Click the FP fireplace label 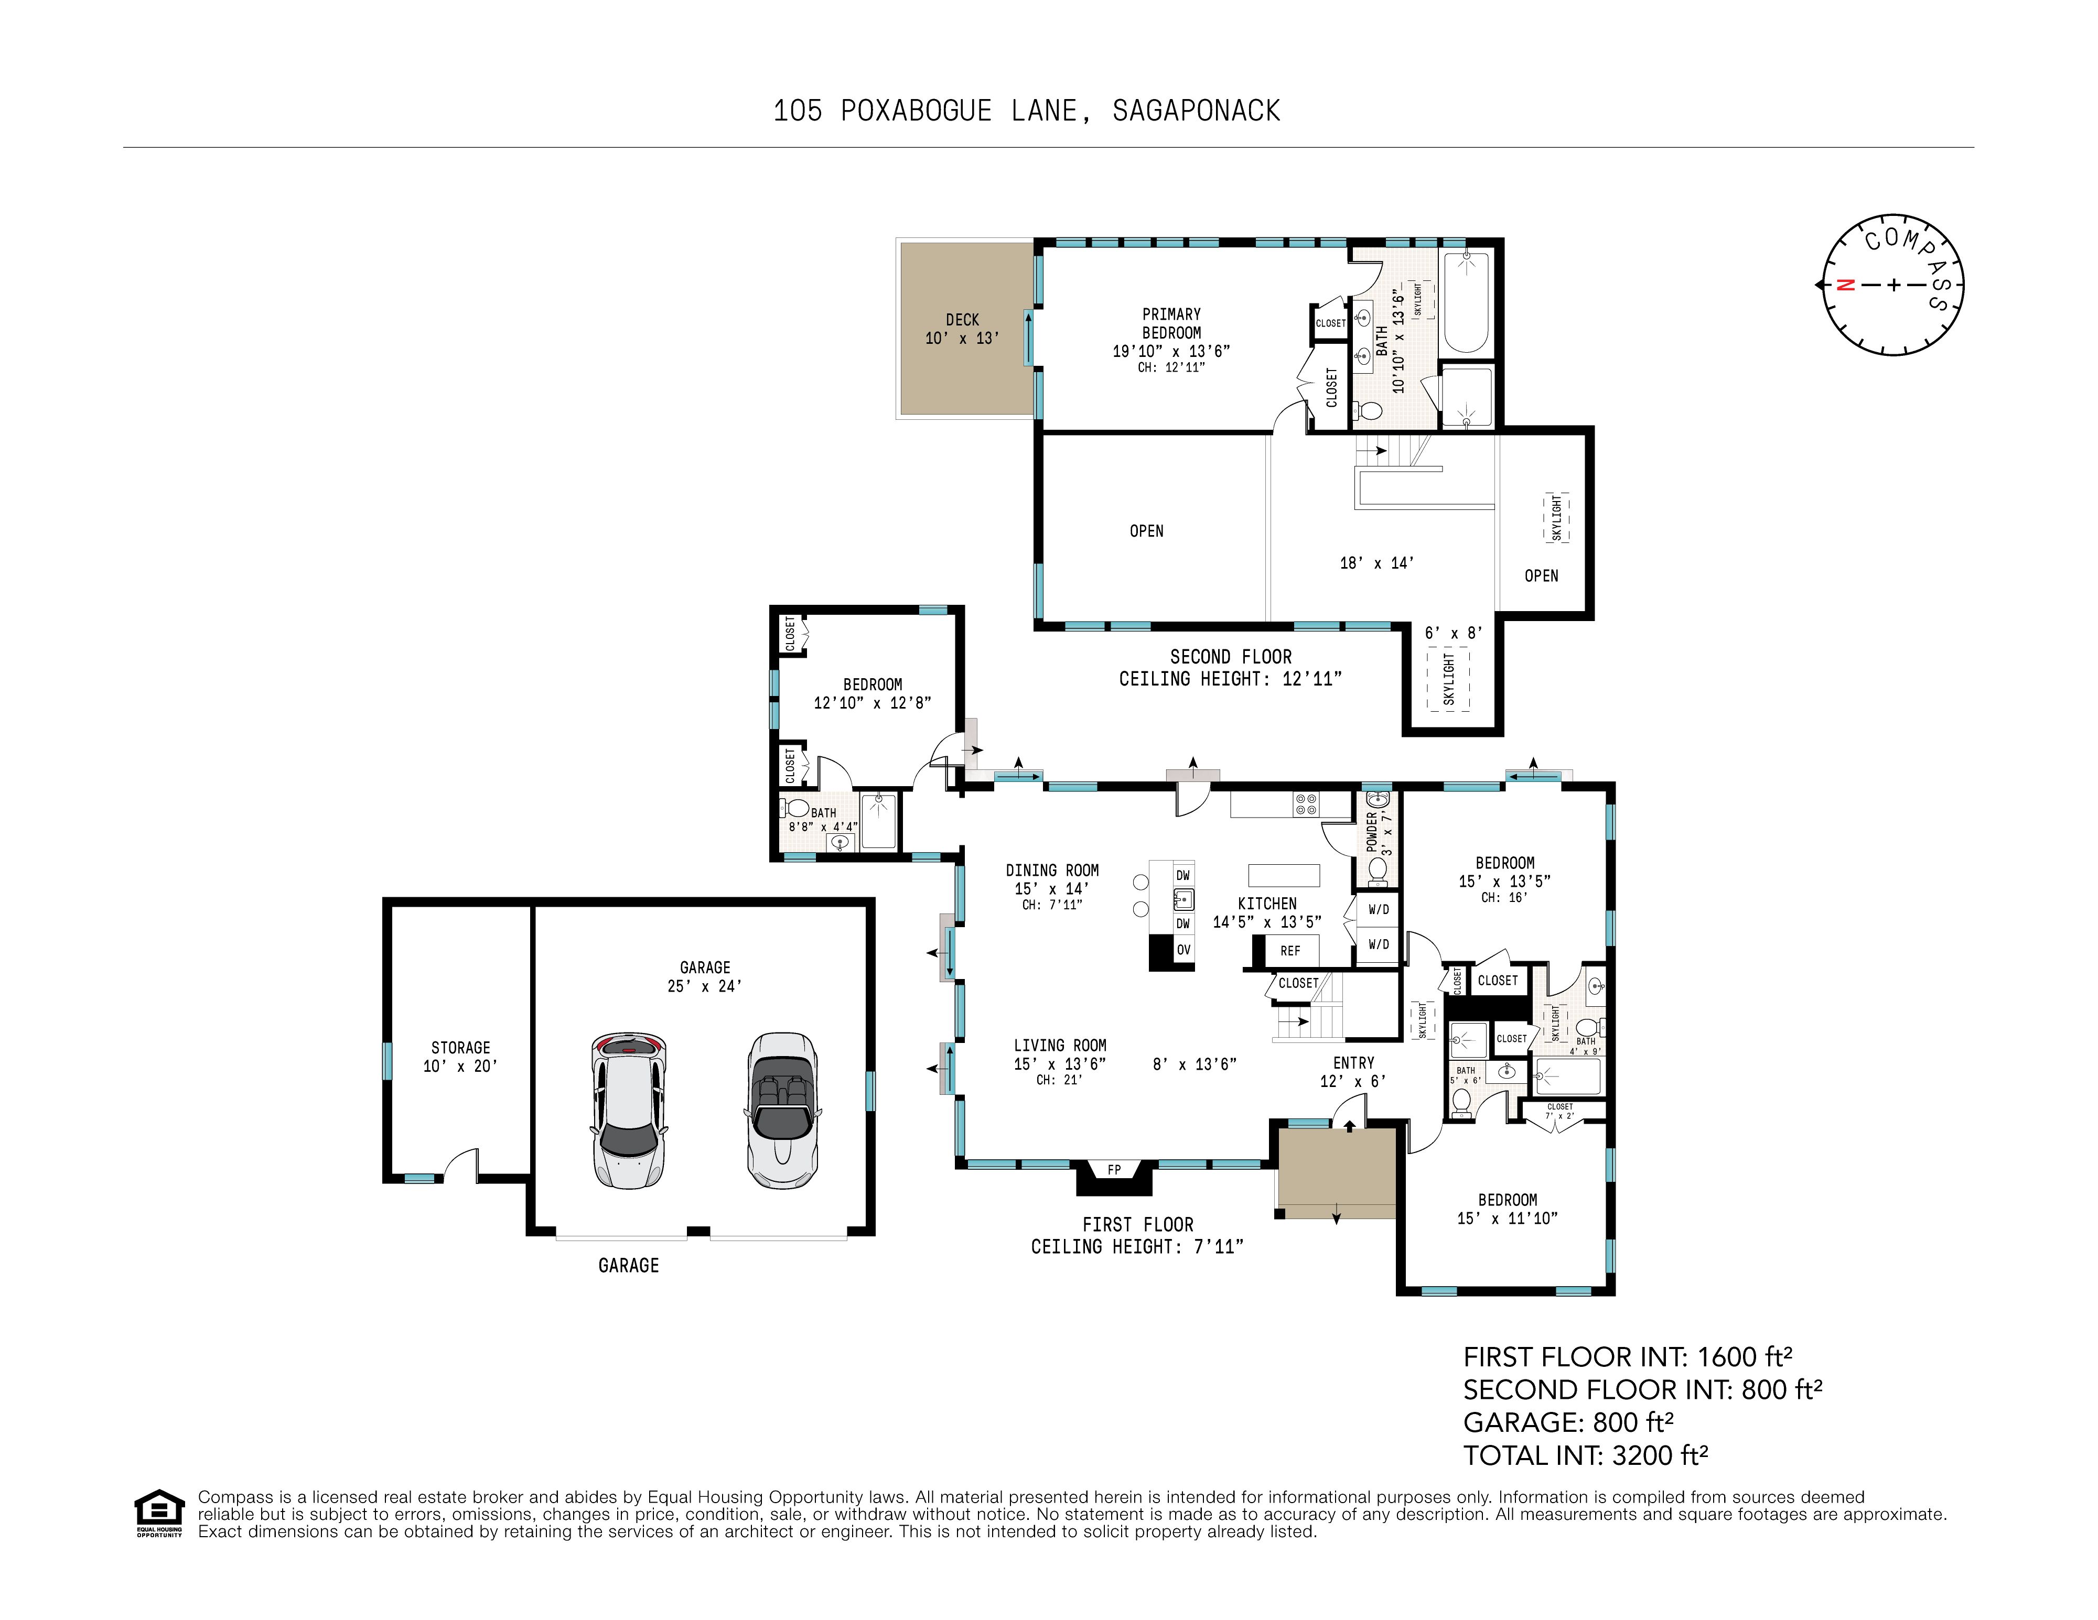pyautogui.click(x=1114, y=1170)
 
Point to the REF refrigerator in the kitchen pyautogui.click(x=1290, y=951)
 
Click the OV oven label pyautogui.click(x=1184, y=950)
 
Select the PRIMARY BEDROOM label pyautogui.click(x=1171, y=323)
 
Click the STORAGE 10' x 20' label pyautogui.click(x=460, y=1056)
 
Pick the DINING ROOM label pyautogui.click(x=1052, y=870)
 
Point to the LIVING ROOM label pyautogui.click(x=1060, y=1045)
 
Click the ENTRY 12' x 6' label pyautogui.click(x=1352, y=1072)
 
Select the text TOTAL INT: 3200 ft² pyautogui.click(x=1585, y=1456)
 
